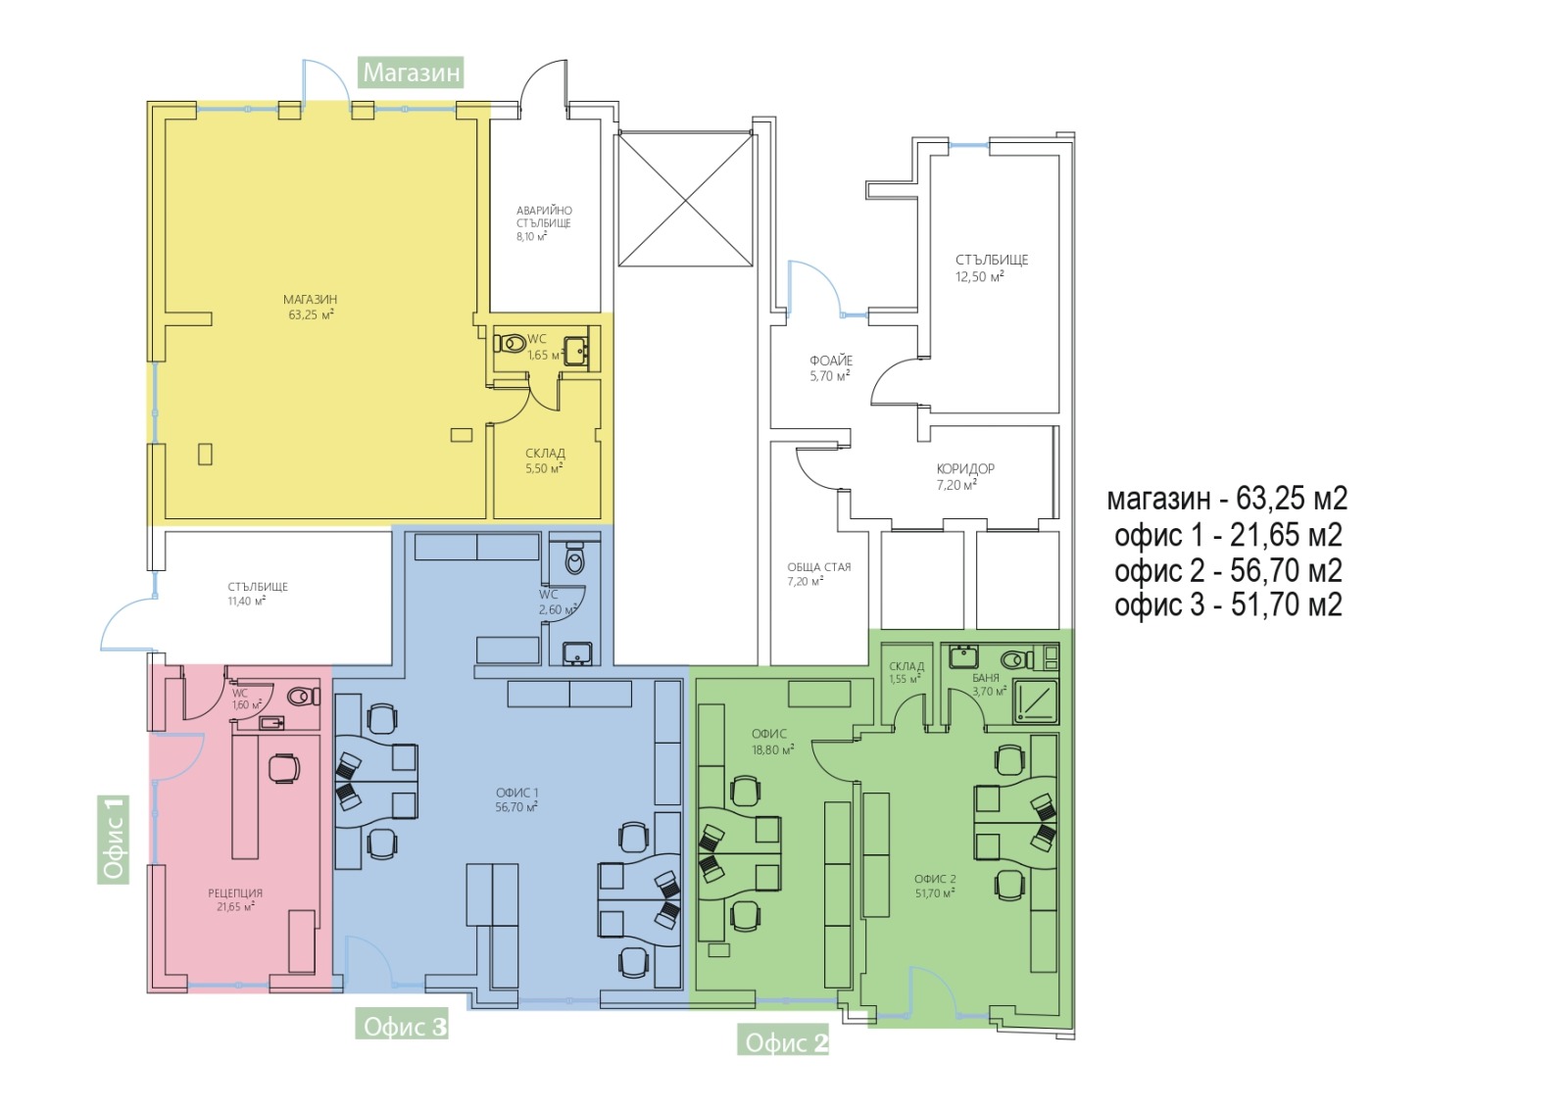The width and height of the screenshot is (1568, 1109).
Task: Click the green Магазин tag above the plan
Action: (x=411, y=72)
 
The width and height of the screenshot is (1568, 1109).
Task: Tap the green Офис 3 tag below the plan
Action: (x=402, y=1027)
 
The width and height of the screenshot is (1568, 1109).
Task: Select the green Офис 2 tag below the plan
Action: (x=783, y=1042)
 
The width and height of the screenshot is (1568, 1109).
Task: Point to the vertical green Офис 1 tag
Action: (x=114, y=839)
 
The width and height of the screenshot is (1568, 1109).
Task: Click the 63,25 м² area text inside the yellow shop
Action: (x=311, y=314)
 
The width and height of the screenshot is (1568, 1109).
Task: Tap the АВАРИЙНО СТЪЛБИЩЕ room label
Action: (x=544, y=217)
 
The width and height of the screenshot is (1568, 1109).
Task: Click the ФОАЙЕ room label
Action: (x=831, y=362)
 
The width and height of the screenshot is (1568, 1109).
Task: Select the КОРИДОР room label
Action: (x=965, y=469)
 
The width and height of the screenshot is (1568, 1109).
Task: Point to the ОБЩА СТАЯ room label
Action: (x=819, y=567)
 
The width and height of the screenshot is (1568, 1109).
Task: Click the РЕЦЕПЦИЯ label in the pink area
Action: (x=235, y=893)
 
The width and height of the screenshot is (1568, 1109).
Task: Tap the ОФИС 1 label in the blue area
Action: (x=516, y=793)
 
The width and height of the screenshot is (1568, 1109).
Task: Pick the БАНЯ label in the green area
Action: (x=986, y=678)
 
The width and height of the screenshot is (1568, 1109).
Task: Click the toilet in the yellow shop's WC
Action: (x=511, y=344)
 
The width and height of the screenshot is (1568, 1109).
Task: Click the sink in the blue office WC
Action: (x=577, y=653)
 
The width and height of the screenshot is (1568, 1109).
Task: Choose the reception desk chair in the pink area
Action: (x=283, y=767)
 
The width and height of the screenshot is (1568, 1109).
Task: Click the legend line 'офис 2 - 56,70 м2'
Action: (x=1228, y=571)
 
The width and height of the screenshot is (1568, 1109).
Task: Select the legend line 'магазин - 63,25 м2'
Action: (x=1227, y=499)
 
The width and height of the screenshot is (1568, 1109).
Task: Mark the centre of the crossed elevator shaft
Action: (x=685, y=200)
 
